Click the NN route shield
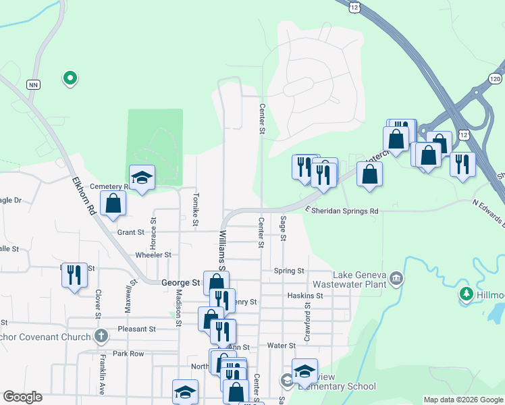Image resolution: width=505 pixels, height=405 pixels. pyautogui.click(x=33, y=84)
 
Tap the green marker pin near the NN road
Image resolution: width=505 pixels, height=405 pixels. pyautogui.click(x=69, y=78)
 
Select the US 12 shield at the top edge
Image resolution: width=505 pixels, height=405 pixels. pyautogui.click(x=354, y=6)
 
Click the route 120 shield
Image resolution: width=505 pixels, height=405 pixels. pyautogui.click(x=496, y=78)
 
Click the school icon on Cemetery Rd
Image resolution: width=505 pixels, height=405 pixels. pyautogui.click(x=142, y=178)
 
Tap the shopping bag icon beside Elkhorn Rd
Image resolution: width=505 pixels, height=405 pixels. pyautogui.click(x=113, y=204)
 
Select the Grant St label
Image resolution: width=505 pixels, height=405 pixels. pyautogui.click(x=131, y=232)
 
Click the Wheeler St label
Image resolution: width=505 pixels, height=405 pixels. pyautogui.click(x=153, y=255)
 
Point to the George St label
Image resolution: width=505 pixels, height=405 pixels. pyautogui.click(x=181, y=283)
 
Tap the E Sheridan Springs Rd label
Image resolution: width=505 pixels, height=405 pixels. pyautogui.click(x=341, y=211)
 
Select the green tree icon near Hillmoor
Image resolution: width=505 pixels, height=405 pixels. pyautogui.click(x=466, y=294)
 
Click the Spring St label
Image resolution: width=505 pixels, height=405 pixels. pyautogui.click(x=289, y=271)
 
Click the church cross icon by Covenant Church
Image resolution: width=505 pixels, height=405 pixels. pyautogui.click(x=101, y=336)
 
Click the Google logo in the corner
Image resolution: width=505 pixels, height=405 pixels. pyautogui.click(x=22, y=397)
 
